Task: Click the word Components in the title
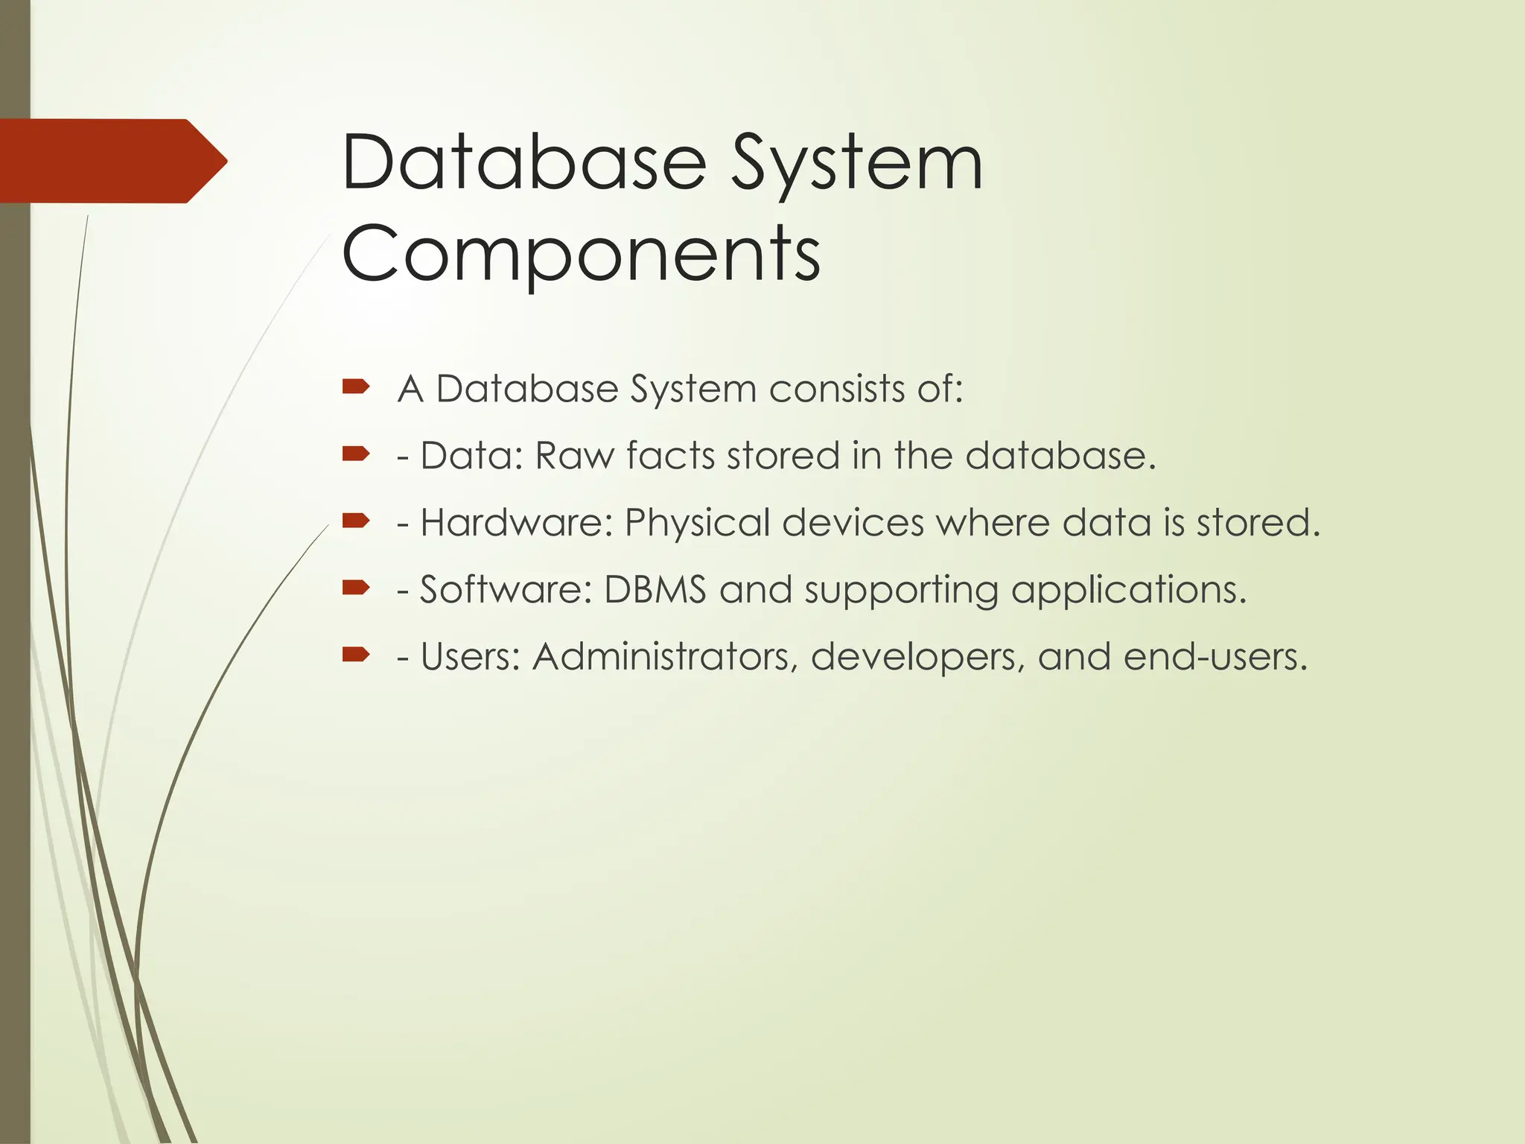[x=581, y=253]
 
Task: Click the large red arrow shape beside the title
[x=112, y=161]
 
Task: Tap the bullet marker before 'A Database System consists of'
[x=356, y=386]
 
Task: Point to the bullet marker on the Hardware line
[x=356, y=520]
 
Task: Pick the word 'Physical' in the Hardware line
[x=697, y=523]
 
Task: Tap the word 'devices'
[x=853, y=523]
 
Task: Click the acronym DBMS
[x=655, y=590]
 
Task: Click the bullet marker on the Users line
[x=356, y=654]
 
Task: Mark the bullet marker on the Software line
[x=356, y=587]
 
